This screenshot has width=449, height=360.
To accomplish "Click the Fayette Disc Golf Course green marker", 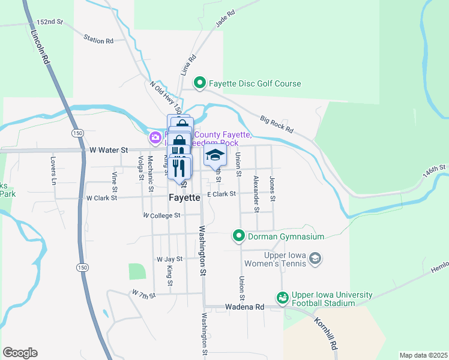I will tap(200, 83).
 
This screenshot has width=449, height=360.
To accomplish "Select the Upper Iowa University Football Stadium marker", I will tap(282, 297).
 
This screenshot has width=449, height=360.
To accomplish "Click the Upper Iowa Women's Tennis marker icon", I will tap(316, 259).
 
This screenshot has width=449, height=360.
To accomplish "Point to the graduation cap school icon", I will tap(215, 156).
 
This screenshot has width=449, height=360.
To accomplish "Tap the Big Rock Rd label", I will tap(277, 124).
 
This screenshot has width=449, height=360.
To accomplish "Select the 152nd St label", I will tap(49, 22).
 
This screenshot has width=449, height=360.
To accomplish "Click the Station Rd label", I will tap(98, 41).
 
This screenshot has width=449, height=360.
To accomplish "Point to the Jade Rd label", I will tap(223, 19).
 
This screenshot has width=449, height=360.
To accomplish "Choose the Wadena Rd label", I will tap(244, 307).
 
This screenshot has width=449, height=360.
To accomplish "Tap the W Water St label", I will tap(109, 149).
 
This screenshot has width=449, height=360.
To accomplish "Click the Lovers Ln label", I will tap(53, 170).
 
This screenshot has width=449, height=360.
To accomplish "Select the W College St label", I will tap(161, 215).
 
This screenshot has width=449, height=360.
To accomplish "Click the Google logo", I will tap(20, 353).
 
